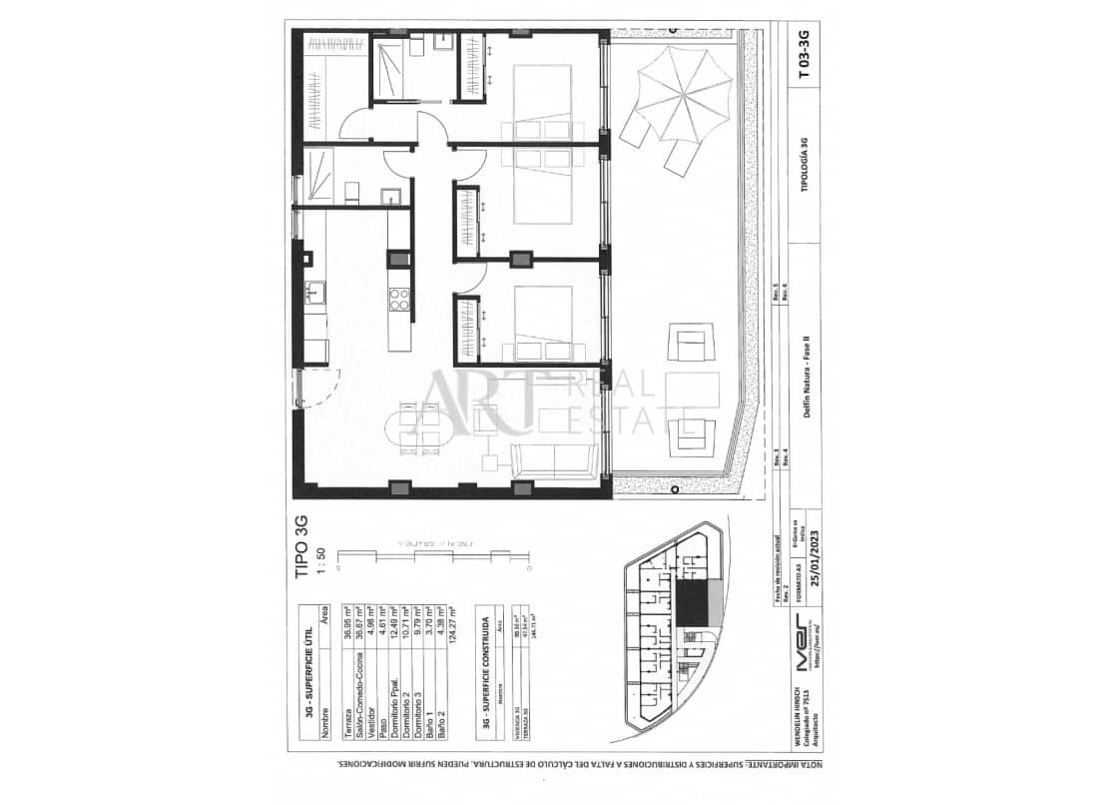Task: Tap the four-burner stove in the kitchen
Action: pyautogui.click(x=399, y=298)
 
